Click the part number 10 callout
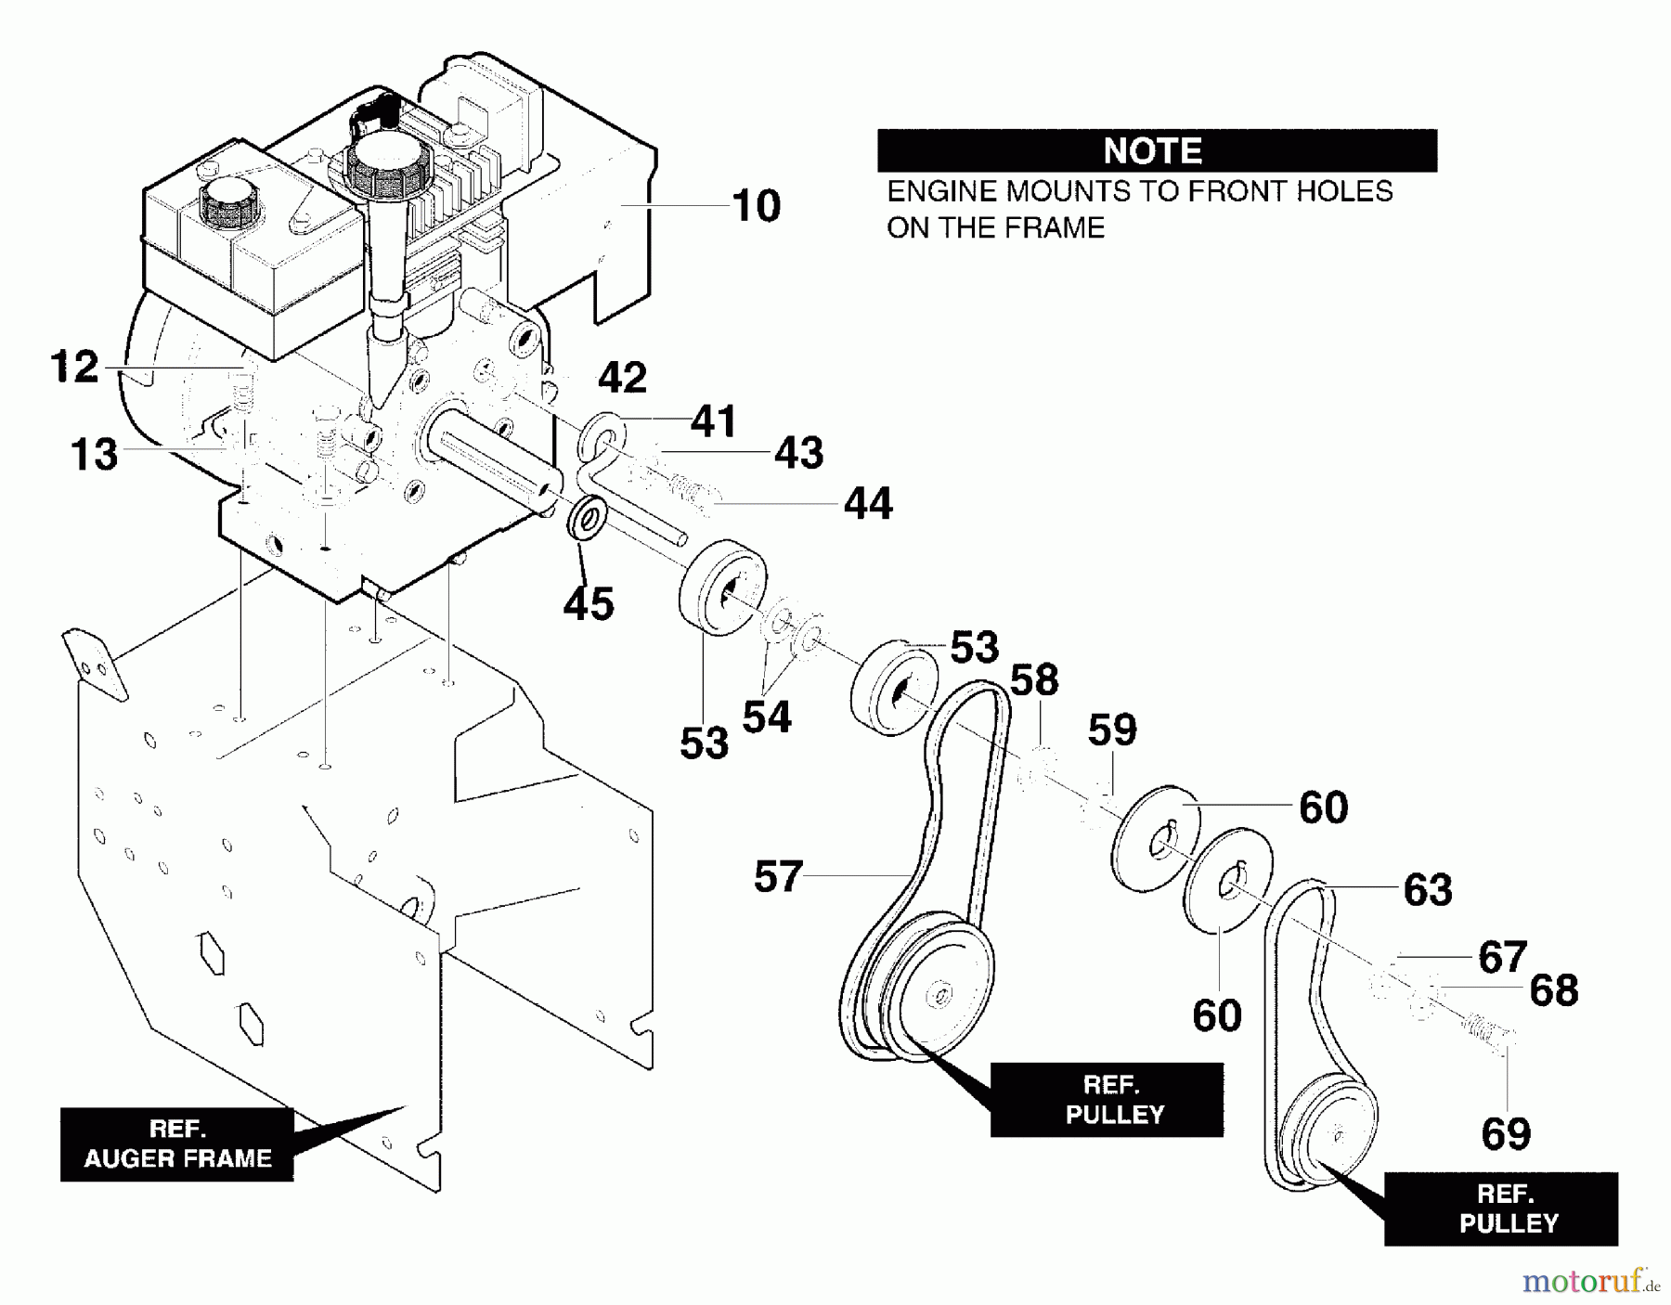click(x=756, y=206)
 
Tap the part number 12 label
click(x=74, y=368)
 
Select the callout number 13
click(x=94, y=455)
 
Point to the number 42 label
click(x=622, y=378)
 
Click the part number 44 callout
click(x=868, y=504)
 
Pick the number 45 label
click(x=589, y=604)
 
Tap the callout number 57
click(x=778, y=877)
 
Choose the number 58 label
click(x=1033, y=681)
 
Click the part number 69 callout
click(x=1506, y=1134)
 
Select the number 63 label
click(x=1428, y=890)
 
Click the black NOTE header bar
click(x=1157, y=150)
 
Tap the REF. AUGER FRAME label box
click(x=177, y=1143)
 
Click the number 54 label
click(x=767, y=717)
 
